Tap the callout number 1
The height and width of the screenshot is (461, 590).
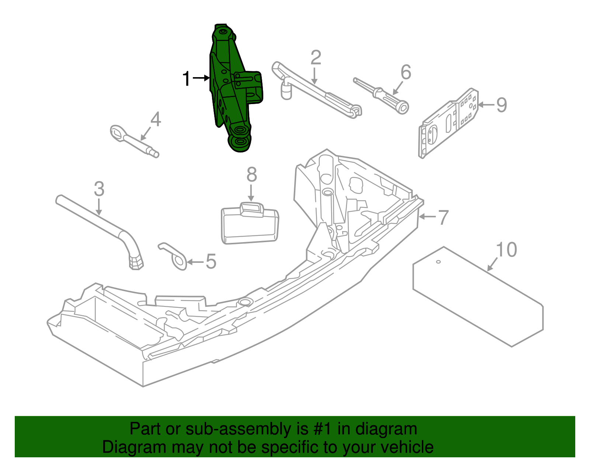187,79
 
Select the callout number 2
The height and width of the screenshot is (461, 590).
316,58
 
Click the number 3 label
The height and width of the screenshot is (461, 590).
99,189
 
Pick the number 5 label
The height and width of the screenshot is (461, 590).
211,262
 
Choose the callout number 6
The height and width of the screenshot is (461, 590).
406,72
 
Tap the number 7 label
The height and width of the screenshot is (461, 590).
443,217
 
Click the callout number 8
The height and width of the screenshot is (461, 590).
251,174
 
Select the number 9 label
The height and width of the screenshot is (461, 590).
502,105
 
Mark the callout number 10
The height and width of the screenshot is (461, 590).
507,250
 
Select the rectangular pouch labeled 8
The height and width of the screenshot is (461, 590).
250,225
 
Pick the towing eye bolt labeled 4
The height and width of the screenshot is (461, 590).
133,140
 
